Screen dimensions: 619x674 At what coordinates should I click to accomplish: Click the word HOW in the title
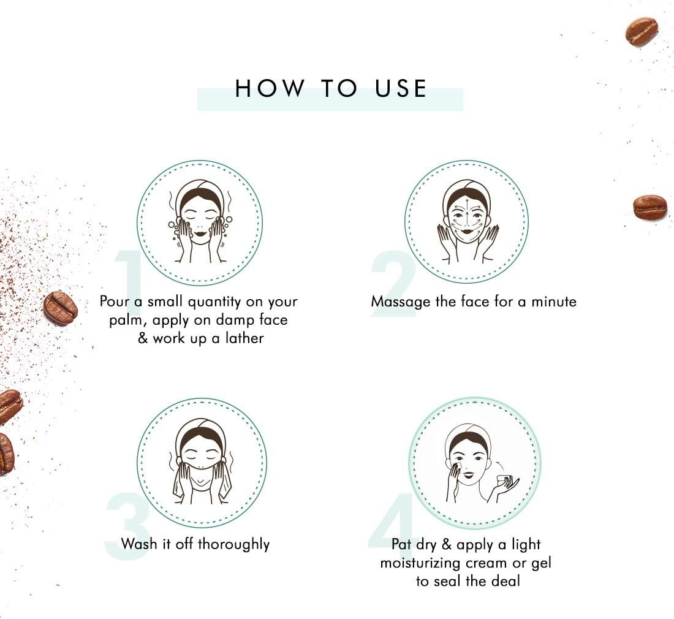[x=269, y=88]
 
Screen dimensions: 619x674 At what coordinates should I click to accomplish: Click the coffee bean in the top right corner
[x=642, y=32]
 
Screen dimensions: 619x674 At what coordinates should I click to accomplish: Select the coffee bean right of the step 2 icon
[x=650, y=208]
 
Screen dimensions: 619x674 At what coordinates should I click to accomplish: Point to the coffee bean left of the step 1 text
[x=60, y=308]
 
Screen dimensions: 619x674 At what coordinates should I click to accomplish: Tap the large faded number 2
[x=393, y=285]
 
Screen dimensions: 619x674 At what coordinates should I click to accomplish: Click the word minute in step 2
[x=554, y=302]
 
